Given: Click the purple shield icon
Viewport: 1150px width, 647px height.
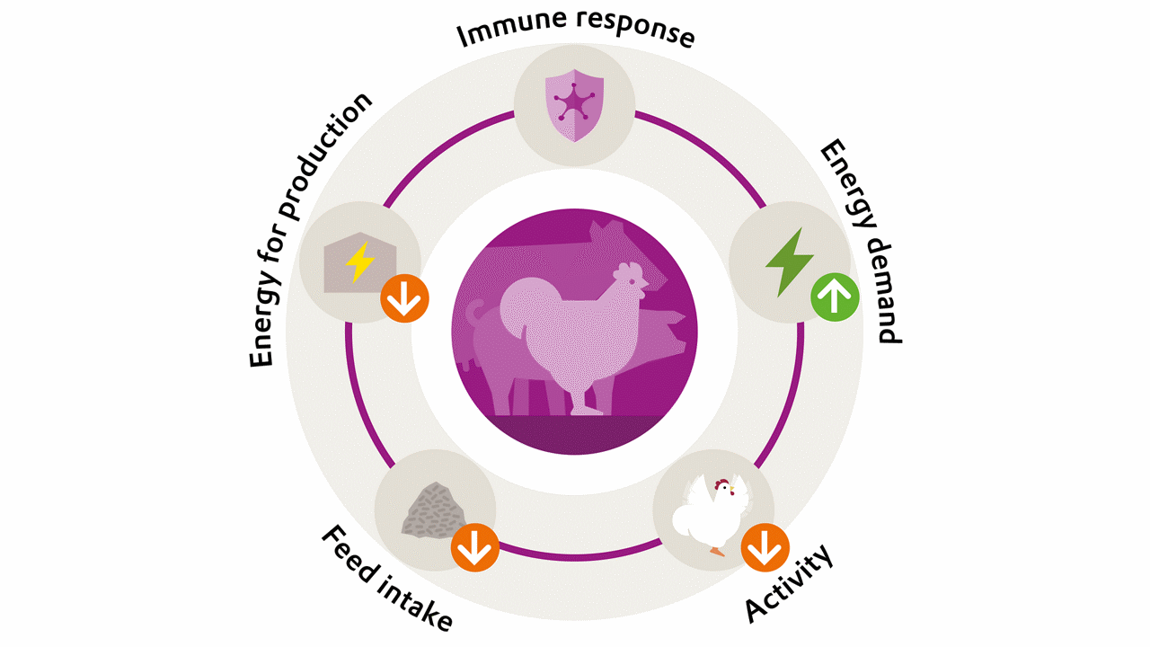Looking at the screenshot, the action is tap(574, 105).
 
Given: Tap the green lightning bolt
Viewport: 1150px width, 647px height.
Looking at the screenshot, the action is tap(789, 262).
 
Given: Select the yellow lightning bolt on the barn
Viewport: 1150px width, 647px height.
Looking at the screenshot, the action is tap(360, 261).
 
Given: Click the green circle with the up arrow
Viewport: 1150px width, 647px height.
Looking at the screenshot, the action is tap(835, 297).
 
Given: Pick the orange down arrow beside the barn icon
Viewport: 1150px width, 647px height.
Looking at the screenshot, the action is tap(404, 298).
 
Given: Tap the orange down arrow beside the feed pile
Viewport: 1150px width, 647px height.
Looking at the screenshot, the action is tap(475, 547).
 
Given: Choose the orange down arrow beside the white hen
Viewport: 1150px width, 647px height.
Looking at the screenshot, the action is tap(765, 547).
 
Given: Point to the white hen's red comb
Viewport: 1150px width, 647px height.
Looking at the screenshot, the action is tap(721, 483).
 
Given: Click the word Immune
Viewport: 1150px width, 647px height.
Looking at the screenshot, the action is tap(512, 29).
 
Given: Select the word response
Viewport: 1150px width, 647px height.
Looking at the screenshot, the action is tap(635, 29).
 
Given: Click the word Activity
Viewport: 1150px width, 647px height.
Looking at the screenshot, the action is tap(789, 583).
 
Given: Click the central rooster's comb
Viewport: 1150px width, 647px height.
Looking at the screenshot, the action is tap(627, 270).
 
